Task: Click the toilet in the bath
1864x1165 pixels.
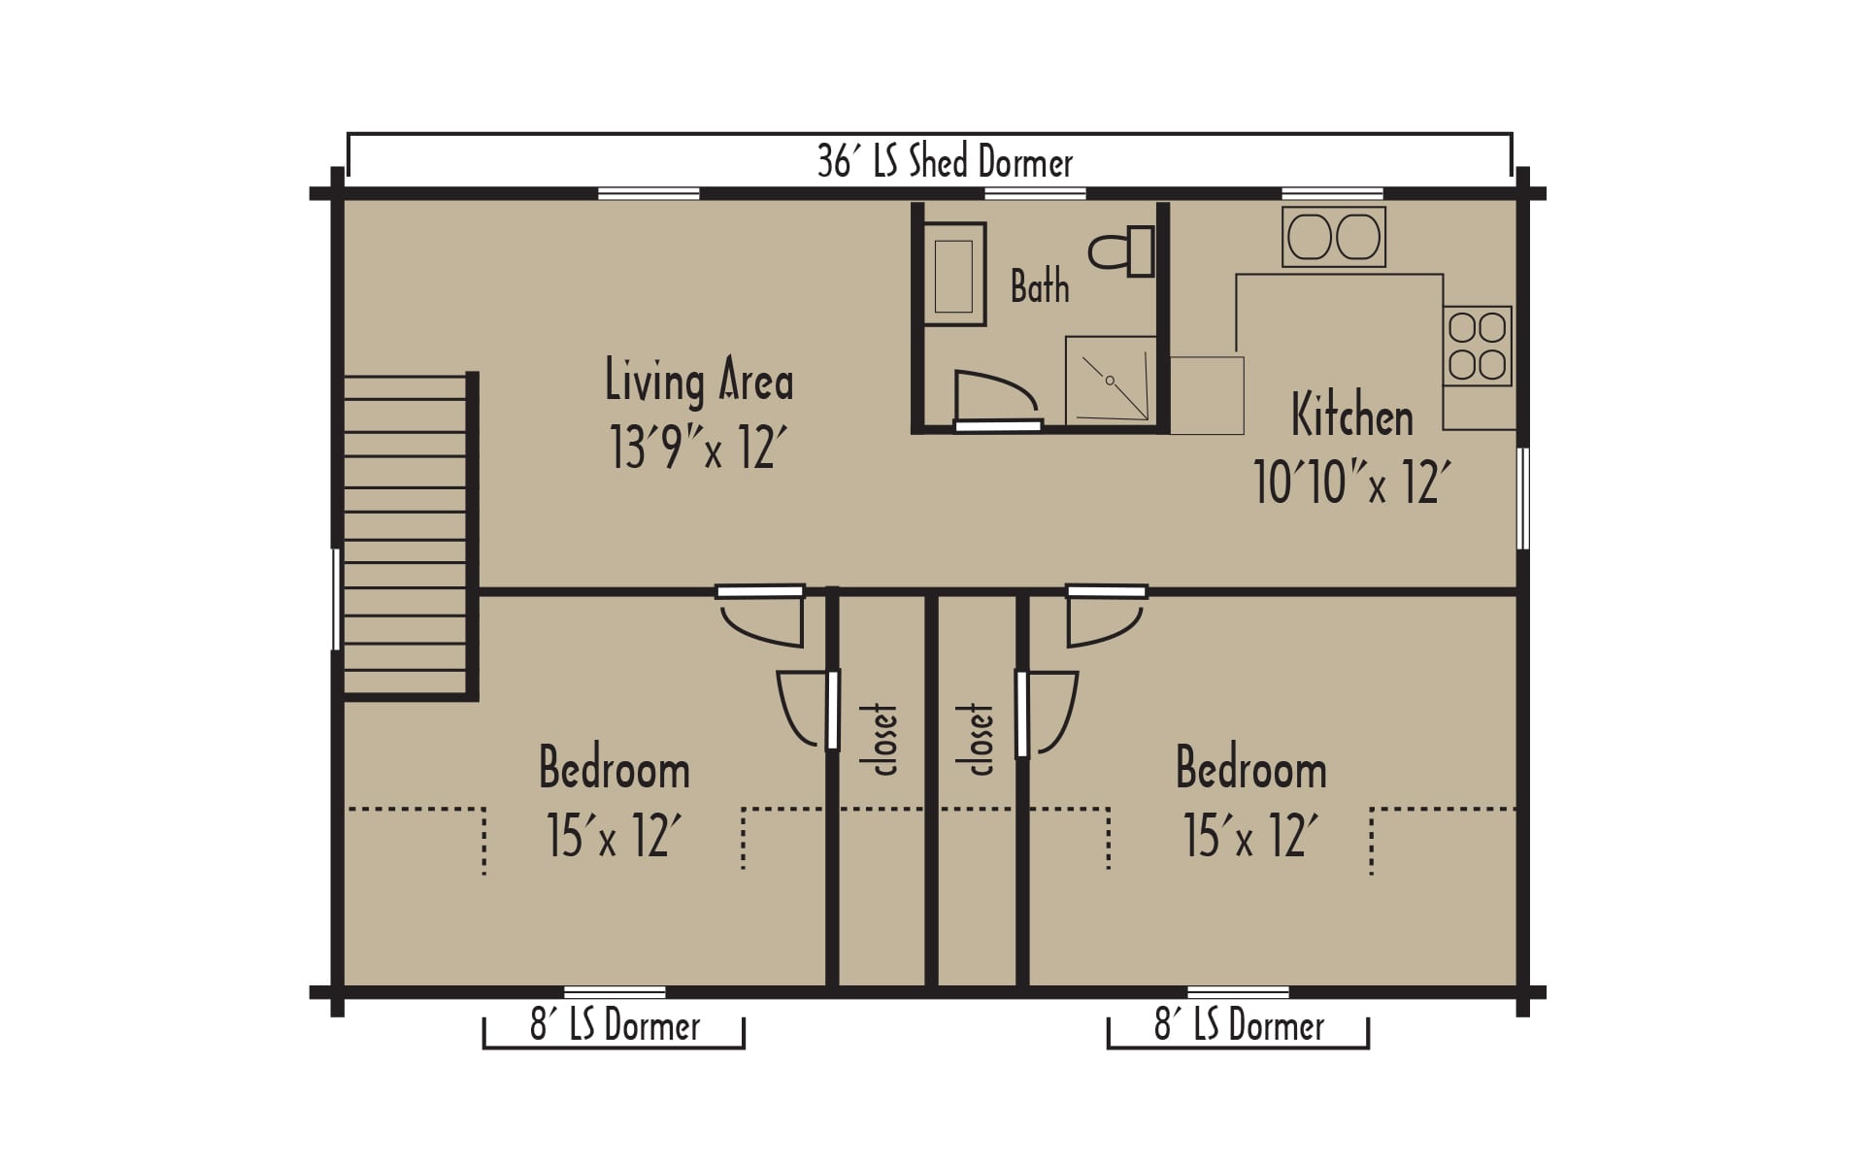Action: click(x=1122, y=251)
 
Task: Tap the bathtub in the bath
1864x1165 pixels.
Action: click(x=953, y=274)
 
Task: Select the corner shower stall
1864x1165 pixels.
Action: click(x=1111, y=380)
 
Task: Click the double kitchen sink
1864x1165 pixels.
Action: click(x=1333, y=236)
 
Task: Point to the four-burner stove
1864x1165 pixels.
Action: click(x=1477, y=346)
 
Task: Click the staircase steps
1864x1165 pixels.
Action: click(x=406, y=535)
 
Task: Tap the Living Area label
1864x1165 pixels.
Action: click(x=699, y=380)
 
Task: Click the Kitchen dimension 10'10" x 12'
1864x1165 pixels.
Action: click(x=1352, y=482)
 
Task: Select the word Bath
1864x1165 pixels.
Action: click(x=1040, y=286)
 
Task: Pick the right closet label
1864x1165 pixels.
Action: click(x=978, y=739)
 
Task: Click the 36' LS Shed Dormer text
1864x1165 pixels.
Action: click(x=945, y=161)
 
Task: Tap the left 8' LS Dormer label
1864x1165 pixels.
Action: click(x=615, y=1025)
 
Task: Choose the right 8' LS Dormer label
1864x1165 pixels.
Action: click(x=1239, y=1025)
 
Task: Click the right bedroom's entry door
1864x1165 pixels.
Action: click(x=1106, y=616)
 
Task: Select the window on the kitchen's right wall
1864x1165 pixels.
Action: click(x=1523, y=498)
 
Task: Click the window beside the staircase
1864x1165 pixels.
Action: click(x=337, y=599)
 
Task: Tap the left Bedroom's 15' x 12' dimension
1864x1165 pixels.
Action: click(x=614, y=835)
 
